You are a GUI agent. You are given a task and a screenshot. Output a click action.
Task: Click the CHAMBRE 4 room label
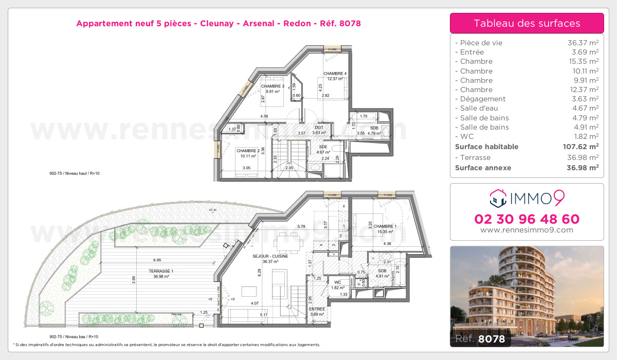[x=335, y=74]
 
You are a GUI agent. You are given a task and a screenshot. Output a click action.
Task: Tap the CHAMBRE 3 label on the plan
[x=272, y=86]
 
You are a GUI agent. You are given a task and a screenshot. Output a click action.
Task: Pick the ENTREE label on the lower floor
[x=317, y=309]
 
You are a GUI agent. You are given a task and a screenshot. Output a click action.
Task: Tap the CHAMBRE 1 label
[x=385, y=226]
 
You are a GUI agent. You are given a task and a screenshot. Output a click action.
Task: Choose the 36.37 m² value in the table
[x=583, y=43]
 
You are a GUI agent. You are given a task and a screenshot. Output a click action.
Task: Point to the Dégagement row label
[x=483, y=99]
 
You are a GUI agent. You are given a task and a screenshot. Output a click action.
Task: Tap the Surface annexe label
[x=483, y=168]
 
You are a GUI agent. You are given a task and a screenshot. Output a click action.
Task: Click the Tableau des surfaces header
[x=527, y=23]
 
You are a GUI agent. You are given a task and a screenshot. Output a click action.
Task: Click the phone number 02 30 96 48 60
[x=527, y=219]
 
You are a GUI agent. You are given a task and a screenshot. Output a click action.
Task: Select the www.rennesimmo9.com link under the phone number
[x=527, y=230]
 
